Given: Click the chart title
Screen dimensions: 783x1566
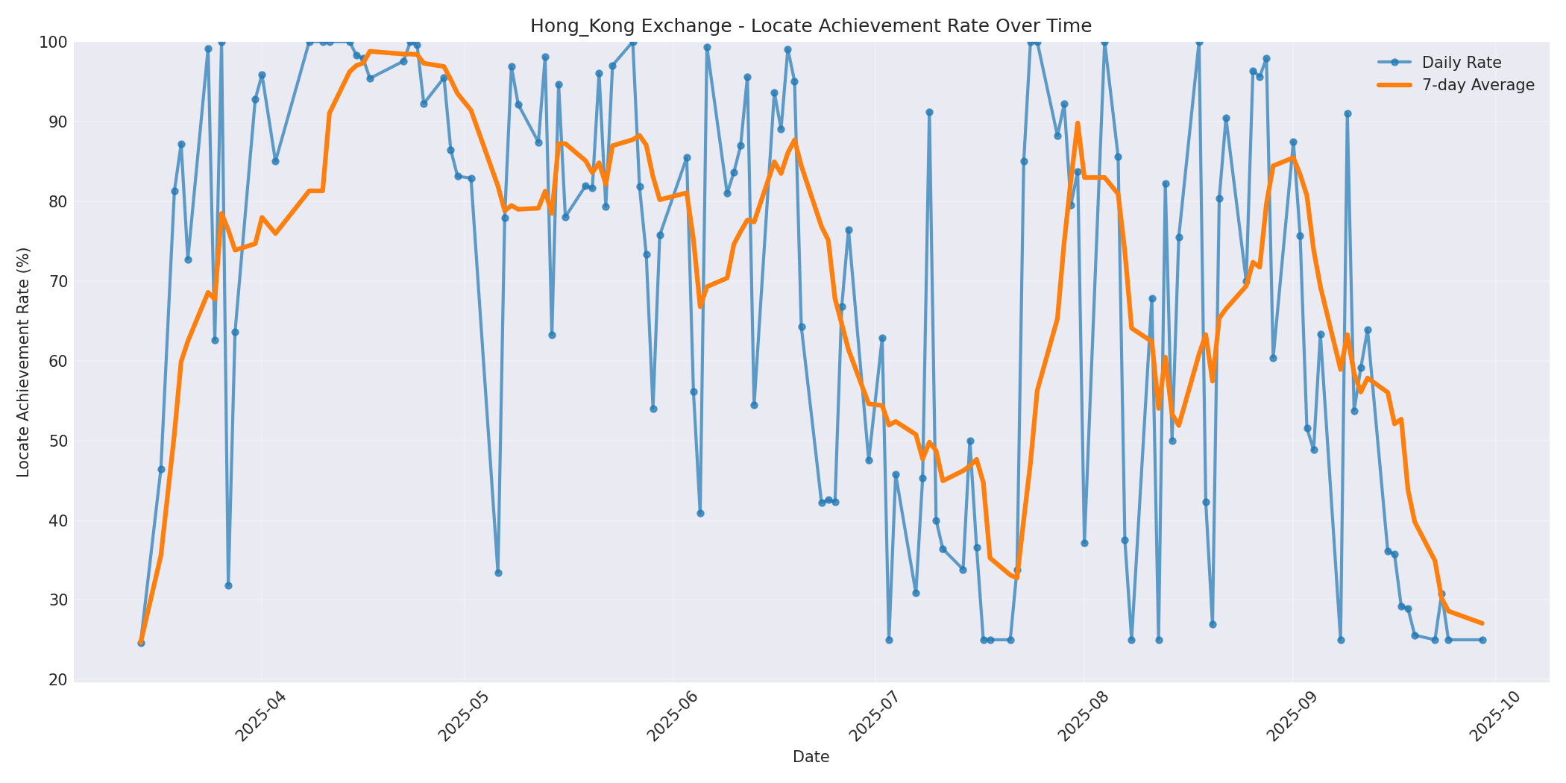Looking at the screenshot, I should tap(811, 26).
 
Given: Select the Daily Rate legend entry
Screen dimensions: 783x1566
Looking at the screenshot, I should tap(1461, 63).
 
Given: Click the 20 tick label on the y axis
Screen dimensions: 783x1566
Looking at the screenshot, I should tap(57, 680).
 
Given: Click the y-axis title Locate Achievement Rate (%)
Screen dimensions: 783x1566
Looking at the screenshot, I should tap(23, 362).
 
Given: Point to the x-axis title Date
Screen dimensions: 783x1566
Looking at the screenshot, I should tap(811, 758).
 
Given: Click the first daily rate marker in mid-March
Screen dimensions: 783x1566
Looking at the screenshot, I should tap(141, 642).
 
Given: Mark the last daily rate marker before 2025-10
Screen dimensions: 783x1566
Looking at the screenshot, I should tap(1482, 640).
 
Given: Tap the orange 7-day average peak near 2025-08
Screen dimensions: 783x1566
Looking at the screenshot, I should tap(1078, 123).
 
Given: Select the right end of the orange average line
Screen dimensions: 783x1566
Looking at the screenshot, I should tap(1482, 623).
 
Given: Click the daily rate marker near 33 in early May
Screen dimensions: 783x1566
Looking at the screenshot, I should tap(498, 573).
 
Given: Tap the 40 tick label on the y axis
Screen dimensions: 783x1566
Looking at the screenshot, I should tap(57, 521).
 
